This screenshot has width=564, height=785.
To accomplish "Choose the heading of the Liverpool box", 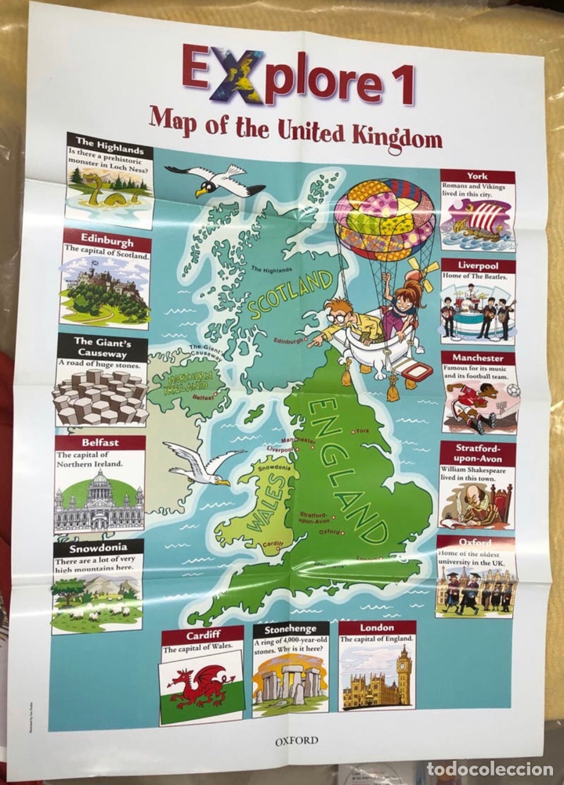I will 476,266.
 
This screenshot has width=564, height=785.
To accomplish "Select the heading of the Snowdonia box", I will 98,547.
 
